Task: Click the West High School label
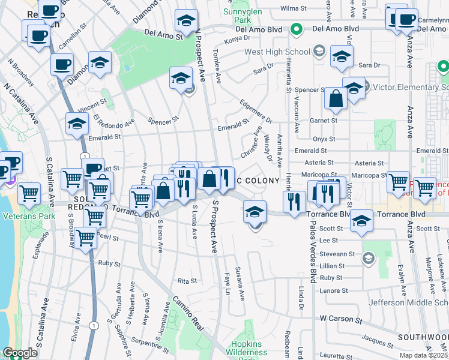pos(277,51)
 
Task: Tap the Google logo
pos(19,353)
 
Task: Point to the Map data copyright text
pos(423,355)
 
